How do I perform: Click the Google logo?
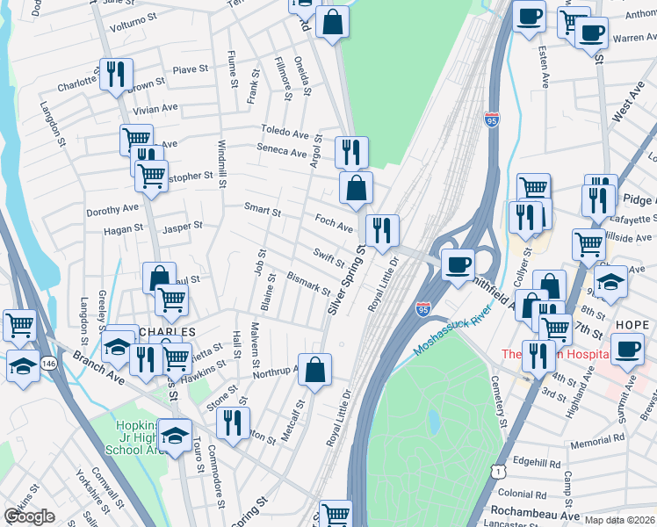(30, 516)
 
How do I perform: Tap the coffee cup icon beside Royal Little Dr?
(457, 264)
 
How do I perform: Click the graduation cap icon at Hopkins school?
(176, 437)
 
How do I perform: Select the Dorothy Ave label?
(112, 210)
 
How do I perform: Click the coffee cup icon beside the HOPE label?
(627, 350)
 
